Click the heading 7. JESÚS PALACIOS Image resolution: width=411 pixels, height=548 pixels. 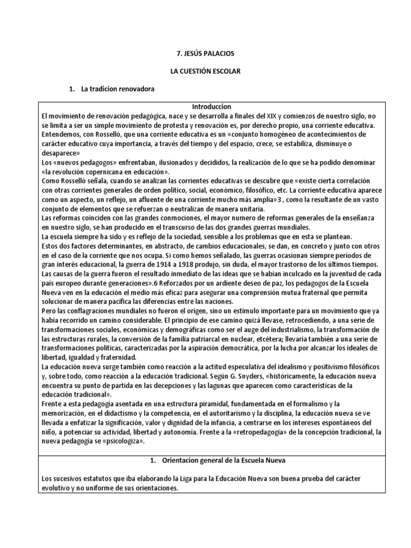(205, 54)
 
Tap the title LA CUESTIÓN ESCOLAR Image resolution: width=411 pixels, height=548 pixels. (205, 71)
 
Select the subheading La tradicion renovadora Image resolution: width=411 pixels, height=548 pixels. (118, 89)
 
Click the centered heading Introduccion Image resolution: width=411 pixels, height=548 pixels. (205, 107)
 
